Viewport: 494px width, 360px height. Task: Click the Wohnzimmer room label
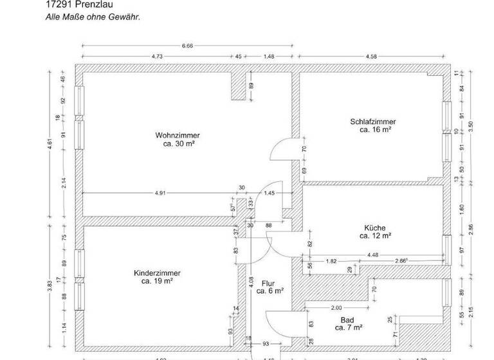pos(177,136)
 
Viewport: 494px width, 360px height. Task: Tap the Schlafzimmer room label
pos(373,122)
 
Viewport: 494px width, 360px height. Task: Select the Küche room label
pos(375,228)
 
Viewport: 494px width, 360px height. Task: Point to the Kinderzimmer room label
pos(157,273)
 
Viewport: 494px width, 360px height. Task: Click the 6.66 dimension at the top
pos(188,46)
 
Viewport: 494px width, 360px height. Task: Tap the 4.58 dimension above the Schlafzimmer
pos(371,57)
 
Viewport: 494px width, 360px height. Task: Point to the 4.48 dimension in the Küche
pos(372,256)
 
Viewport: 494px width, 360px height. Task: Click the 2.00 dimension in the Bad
pos(336,307)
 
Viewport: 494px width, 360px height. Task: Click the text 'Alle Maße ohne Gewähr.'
pos(93,17)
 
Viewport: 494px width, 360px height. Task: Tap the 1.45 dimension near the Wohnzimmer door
pos(270,193)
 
